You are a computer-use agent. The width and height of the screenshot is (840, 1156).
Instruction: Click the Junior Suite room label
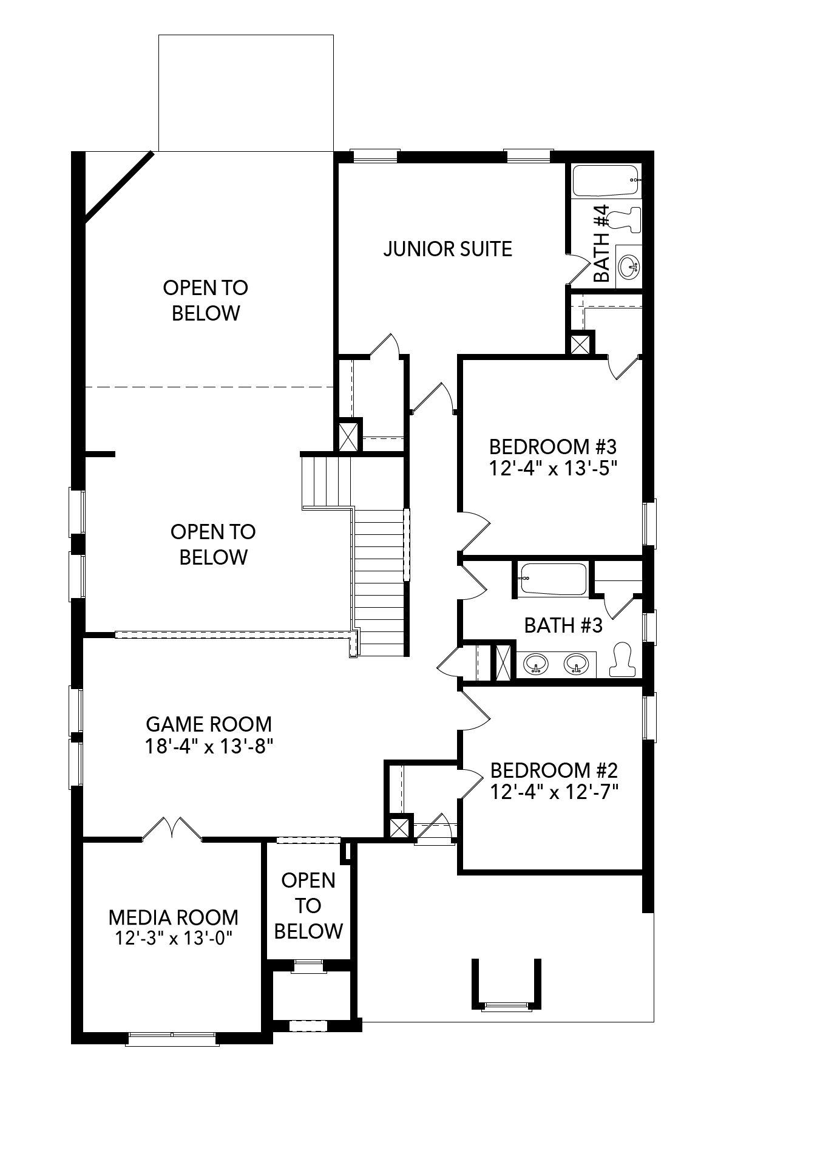coord(448,249)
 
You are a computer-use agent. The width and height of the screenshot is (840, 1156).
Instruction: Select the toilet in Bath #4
coord(625,219)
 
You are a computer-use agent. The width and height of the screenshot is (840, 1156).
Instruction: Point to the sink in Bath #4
coord(629,266)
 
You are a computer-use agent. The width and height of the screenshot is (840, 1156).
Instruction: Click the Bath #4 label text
coord(601,243)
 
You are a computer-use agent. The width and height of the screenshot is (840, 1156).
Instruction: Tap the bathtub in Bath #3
coord(553,579)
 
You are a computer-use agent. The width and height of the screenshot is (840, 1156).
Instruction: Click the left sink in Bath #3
coord(537,664)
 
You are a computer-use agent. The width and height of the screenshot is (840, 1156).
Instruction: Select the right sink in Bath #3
coord(576,664)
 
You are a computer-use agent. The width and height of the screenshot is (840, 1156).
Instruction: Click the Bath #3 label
coord(563,625)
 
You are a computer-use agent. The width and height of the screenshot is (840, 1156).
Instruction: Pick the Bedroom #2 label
coord(554,770)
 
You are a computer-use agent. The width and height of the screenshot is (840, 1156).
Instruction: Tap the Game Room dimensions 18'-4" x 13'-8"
coord(209,746)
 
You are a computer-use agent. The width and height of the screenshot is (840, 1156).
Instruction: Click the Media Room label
coord(174,917)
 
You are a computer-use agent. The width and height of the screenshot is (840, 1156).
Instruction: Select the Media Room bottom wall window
coord(172,1039)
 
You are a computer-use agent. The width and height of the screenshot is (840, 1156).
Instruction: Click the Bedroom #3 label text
coord(553,447)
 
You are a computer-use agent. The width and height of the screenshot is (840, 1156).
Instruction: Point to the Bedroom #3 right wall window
coord(649,523)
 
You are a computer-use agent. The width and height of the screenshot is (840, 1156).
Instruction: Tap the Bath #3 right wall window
coord(649,627)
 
